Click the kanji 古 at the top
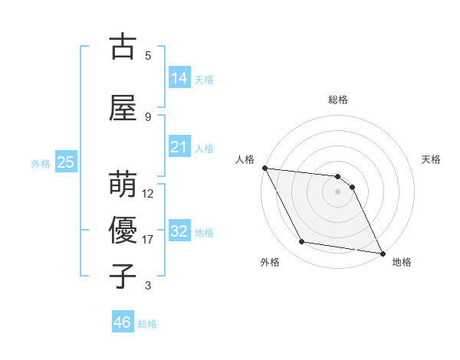click(x=123, y=47)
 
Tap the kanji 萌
click(x=123, y=185)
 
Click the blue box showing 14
click(x=179, y=77)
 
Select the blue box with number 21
click(x=179, y=147)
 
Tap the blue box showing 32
click(x=179, y=231)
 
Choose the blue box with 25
click(x=65, y=162)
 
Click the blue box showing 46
click(x=123, y=322)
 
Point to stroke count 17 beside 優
click(x=148, y=240)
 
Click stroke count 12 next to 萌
click(x=148, y=194)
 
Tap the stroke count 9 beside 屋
click(x=148, y=116)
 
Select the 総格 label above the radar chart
click(x=338, y=100)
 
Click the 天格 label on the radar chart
click(x=432, y=159)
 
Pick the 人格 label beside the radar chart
click(x=245, y=159)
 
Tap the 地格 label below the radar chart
click(x=402, y=262)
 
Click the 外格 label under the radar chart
click(x=270, y=262)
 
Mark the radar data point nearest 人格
click(x=264, y=168)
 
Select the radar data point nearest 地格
click(x=382, y=252)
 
